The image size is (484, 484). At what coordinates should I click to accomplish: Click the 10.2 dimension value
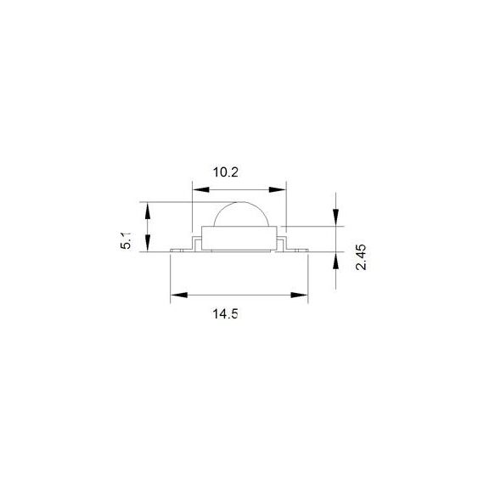click(225, 172)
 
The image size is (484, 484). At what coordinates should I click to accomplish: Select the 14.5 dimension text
click(225, 313)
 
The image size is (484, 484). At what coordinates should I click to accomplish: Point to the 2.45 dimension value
click(360, 256)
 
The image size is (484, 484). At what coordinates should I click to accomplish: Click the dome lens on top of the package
click(241, 216)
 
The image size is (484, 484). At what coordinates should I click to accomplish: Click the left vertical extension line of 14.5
click(170, 276)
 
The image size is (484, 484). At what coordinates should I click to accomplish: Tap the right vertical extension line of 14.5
click(307, 276)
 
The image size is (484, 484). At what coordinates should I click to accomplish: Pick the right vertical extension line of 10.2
click(285, 204)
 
